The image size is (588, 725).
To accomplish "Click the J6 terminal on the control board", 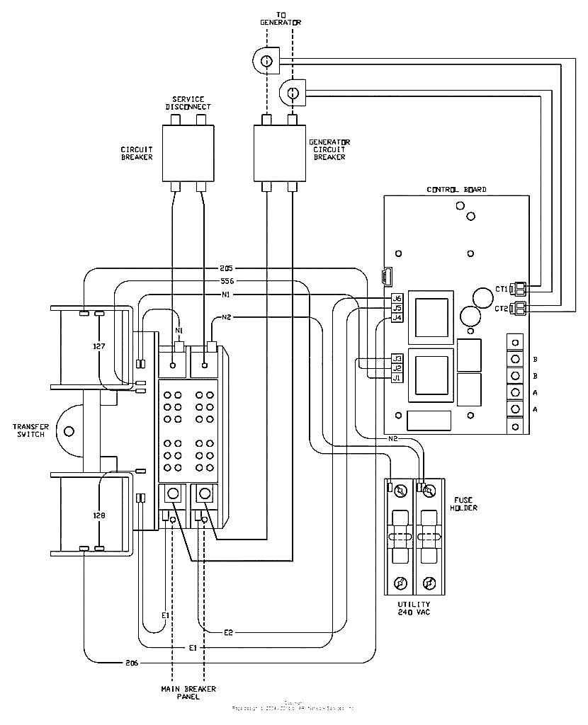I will pyautogui.click(x=397, y=298).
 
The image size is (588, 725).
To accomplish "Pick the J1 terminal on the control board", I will pyautogui.click(x=397, y=377).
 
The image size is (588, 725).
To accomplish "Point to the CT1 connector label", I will pyautogui.click(x=501, y=289).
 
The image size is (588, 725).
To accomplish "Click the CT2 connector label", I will pyautogui.click(x=501, y=308).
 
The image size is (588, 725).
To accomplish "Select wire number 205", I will pyautogui.click(x=226, y=268).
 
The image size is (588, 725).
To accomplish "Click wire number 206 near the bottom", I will pyautogui.click(x=132, y=663).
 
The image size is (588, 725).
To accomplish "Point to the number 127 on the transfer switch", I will pyautogui.click(x=98, y=347).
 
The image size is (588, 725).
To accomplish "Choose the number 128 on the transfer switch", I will pyautogui.click(x=98, y=515).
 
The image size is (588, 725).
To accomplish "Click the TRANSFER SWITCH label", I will pyautogui.click(x=30, y=430).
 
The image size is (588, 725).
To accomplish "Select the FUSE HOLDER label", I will pyautogui.click(x=464, y=503).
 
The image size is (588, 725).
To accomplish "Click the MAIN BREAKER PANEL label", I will pyautogui.click(x=188, y=692).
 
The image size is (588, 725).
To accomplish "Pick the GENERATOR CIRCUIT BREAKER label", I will pyautogui.click(x=329, y=149).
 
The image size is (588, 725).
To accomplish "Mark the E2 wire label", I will pyautogui.click(x=228, y=632).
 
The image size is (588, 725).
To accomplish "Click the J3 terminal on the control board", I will pyautogui.click(x=397, y=358).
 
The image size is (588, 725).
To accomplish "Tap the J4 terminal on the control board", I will pyautogui.click(x=397, y=318).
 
